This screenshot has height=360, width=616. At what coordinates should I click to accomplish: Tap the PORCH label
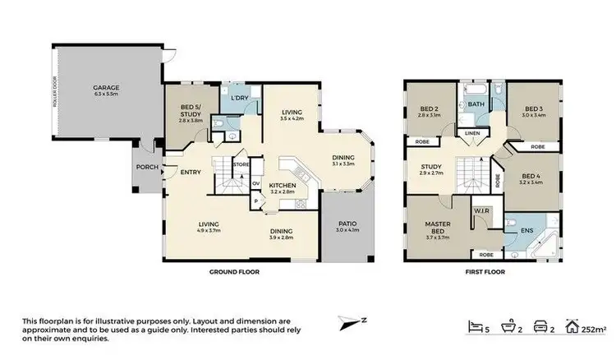tap(147, 168)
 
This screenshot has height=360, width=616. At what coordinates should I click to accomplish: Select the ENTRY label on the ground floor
tap(191, 172)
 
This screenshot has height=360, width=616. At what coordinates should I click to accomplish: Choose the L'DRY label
tap(239, 99)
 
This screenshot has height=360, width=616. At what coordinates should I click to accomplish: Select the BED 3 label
tap(534, 109)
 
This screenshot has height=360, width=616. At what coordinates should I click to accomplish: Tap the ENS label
tap(529, 231)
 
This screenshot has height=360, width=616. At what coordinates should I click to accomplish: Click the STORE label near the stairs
tap(241, 165)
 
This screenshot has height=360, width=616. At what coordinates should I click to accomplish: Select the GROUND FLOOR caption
tap(228, 271)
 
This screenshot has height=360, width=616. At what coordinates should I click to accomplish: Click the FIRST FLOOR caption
tap(484, 271)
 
